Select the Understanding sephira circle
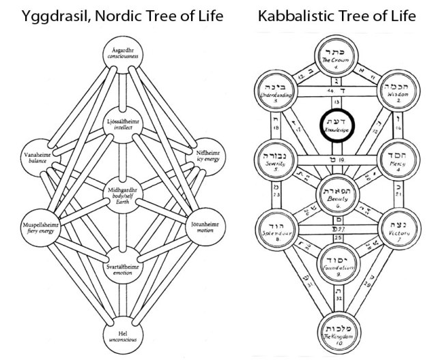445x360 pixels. (274, 91)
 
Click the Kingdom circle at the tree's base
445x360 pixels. (339, 331)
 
